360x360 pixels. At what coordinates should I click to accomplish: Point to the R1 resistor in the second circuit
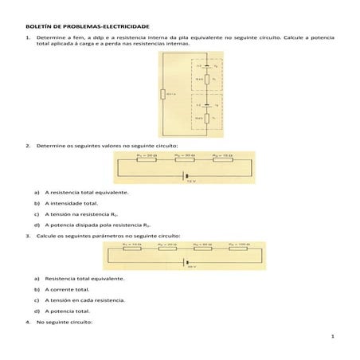click(x=147, y=160)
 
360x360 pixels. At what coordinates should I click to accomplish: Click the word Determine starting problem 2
click(x=53, y=147)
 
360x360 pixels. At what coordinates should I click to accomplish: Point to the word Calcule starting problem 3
click(x=49, y=237)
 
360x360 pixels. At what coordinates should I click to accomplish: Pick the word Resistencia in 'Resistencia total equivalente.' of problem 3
click(x=62, y=280)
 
